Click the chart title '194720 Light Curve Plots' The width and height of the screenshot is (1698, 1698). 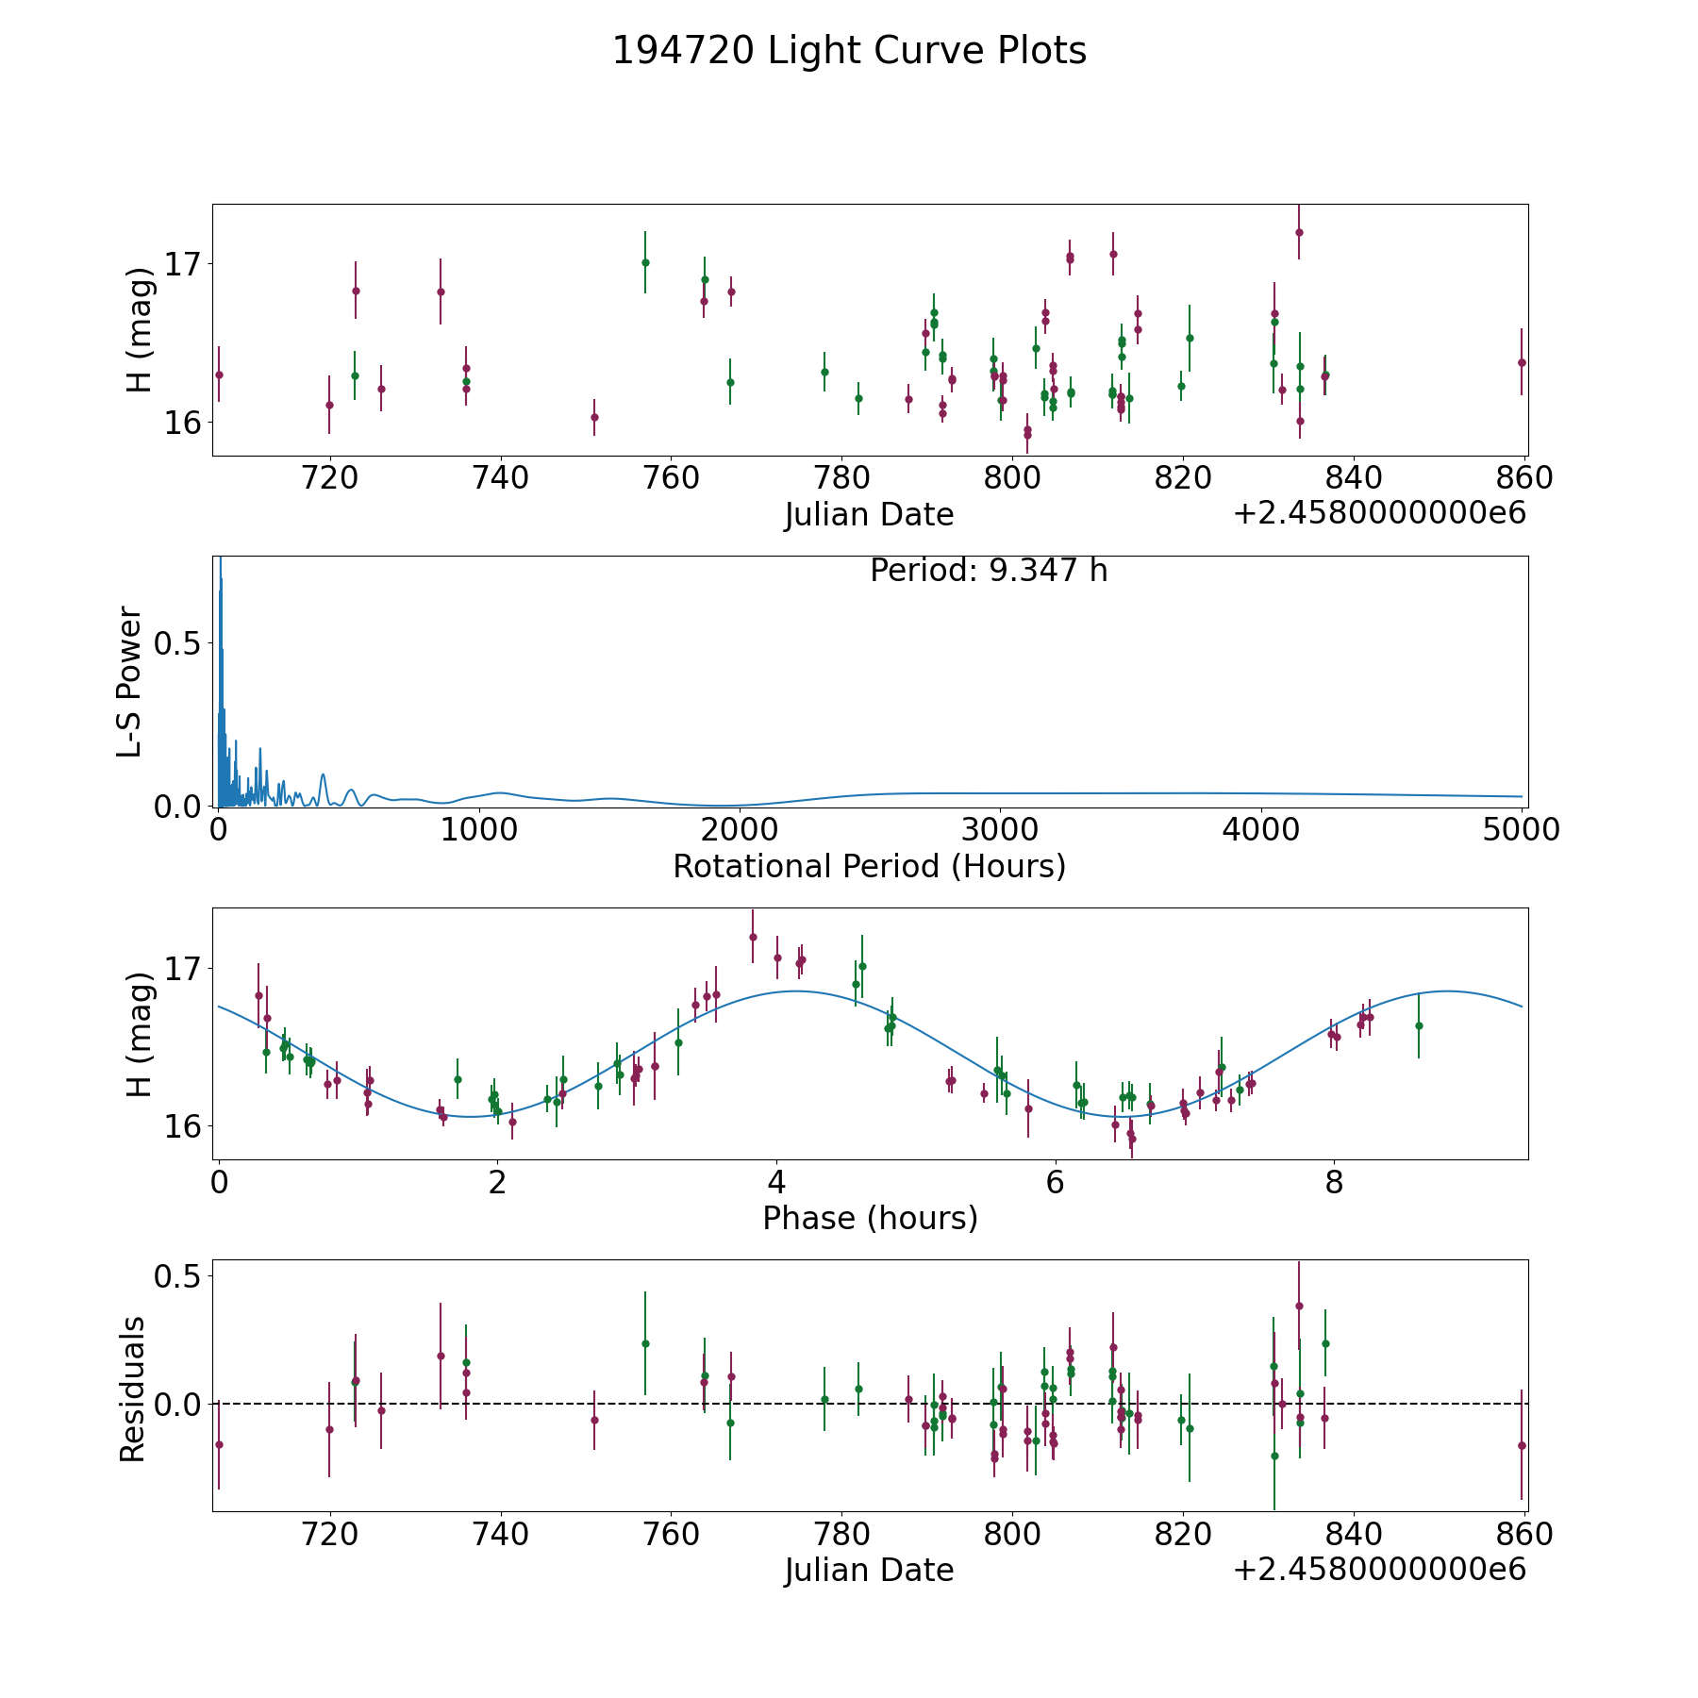pos(849,51)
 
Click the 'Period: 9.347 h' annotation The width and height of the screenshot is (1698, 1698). pos(988,571)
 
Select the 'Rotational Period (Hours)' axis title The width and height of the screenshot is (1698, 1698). pos(869,866)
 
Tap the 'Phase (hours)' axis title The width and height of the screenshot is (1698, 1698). pos(870,1218)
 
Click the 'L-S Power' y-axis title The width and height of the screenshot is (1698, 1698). pos(129,681)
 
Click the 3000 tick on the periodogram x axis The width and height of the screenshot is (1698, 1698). pos(999,830)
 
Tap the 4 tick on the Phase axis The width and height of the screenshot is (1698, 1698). pos(776,1183)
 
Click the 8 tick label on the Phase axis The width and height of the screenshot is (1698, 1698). pos(1334,1183)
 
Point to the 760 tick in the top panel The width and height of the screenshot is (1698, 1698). pos(671,478)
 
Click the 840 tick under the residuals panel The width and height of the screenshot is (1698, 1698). pos(1354,1535)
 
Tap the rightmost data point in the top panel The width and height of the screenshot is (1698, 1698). pos(1521,362)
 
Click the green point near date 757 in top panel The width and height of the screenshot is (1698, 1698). pos(645,262)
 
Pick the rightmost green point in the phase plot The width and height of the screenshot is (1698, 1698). pos(1418,1025)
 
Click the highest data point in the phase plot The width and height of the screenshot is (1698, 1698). pos(753,937)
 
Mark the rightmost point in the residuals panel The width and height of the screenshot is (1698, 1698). pos(1521,1445)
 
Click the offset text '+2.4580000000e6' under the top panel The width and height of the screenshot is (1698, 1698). pos(1379,513)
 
